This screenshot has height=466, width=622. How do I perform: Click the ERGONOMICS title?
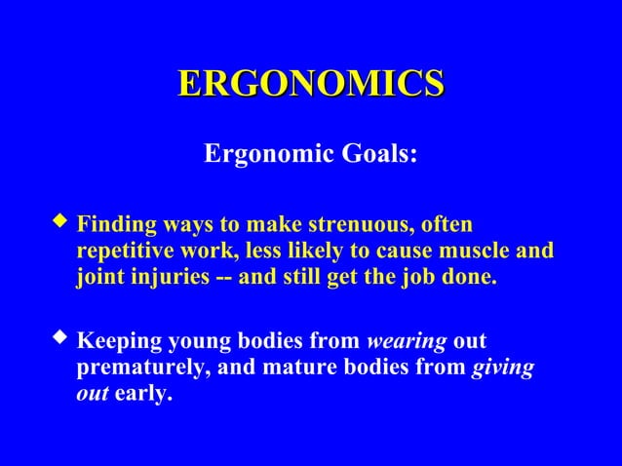coord(311,84)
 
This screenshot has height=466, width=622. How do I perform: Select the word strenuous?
coord(360,226)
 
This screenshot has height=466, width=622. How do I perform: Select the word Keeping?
coord(115,343)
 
